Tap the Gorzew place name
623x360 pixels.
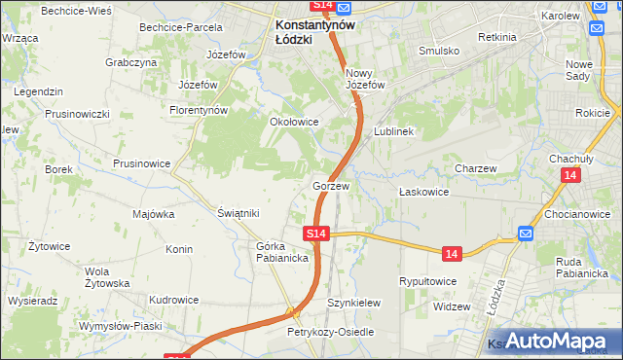pyautogui.click(x=331, y=185)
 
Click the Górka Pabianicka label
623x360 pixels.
pyautogui.click(x=282, y=252)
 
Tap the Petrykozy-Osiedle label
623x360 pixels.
pyautogui.click(x=330, y=332)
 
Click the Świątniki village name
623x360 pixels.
pyautogui.click(x=238, y=213)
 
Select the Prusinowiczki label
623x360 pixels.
pyautogui.click(x=77, y=114)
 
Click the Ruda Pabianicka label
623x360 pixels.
pyautogui.click(x=582, y=267)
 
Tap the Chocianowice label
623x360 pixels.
pyautogui.click(x=577, y=213)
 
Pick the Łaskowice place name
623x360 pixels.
pyautogui.click(x=423, y=192)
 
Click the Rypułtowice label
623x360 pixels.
pyautogui.click(x=428, y=281)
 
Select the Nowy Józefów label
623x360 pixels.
pyautogui.click(x=366, y=79)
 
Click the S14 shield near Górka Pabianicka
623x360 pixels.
pyautogui.click(x=315, y=234)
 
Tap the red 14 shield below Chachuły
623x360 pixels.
pyautogui.click(x=570, y=174)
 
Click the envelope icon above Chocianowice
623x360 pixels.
pyautogui.click(x=526, y=234)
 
